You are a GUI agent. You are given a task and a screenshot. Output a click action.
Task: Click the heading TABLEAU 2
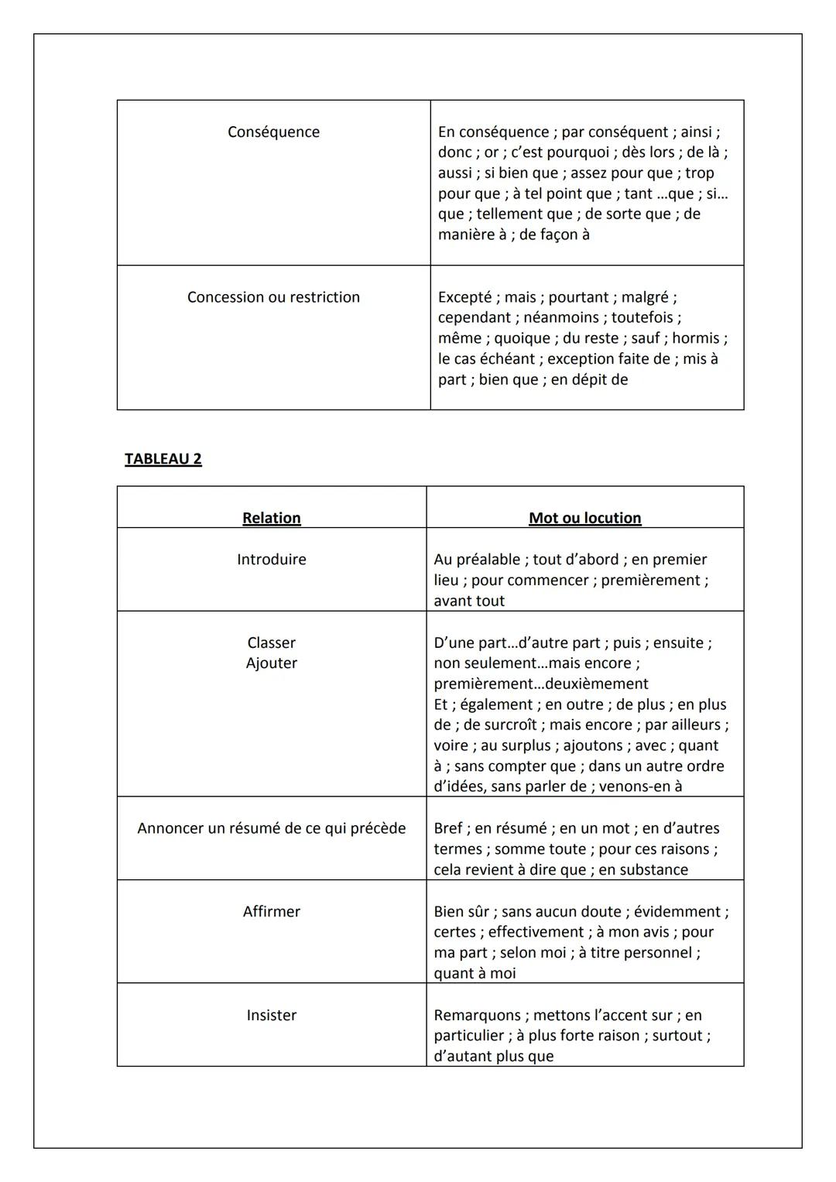[x=163, y=459]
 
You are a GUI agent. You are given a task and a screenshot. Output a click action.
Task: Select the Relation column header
[x=271, y=518]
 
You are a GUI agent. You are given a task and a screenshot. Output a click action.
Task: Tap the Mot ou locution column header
[x=584, y=518]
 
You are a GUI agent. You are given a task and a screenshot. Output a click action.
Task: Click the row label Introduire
[x=271, y=559]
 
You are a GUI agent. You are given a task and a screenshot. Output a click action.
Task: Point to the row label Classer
[x=271, y=642]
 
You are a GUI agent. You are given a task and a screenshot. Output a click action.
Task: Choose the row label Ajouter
[x=271, y=663]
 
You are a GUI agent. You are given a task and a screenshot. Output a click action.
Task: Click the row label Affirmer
[x=271, y=911]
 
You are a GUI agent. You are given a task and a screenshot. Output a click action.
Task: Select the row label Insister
[x=271, y=1015]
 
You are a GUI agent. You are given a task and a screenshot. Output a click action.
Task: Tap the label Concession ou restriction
[x=273, y=297]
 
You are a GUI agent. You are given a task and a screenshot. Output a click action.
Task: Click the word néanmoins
[x=561, y=317]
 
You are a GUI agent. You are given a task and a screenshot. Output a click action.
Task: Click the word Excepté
[x=464, y=297]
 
